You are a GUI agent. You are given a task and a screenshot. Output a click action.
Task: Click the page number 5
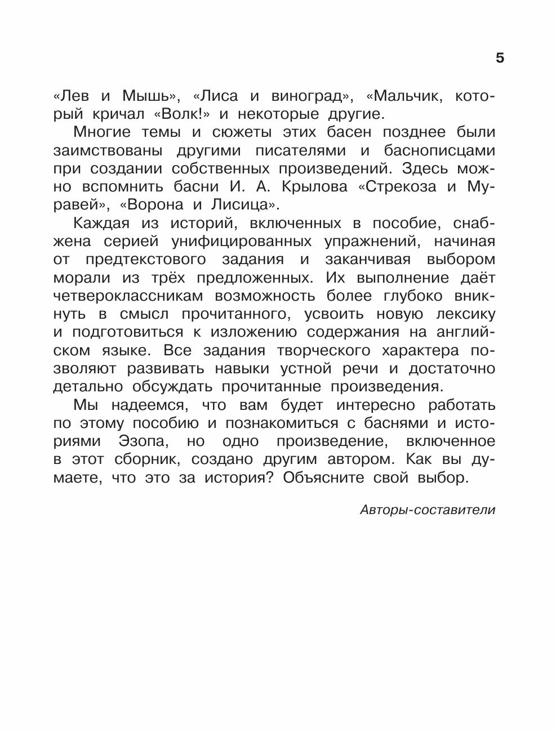(500, 57)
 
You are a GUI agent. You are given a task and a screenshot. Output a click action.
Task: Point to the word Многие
(102, 132)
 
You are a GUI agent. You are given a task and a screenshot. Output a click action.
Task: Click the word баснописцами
(439, 150)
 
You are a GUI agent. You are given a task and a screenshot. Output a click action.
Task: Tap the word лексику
(461, 314)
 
